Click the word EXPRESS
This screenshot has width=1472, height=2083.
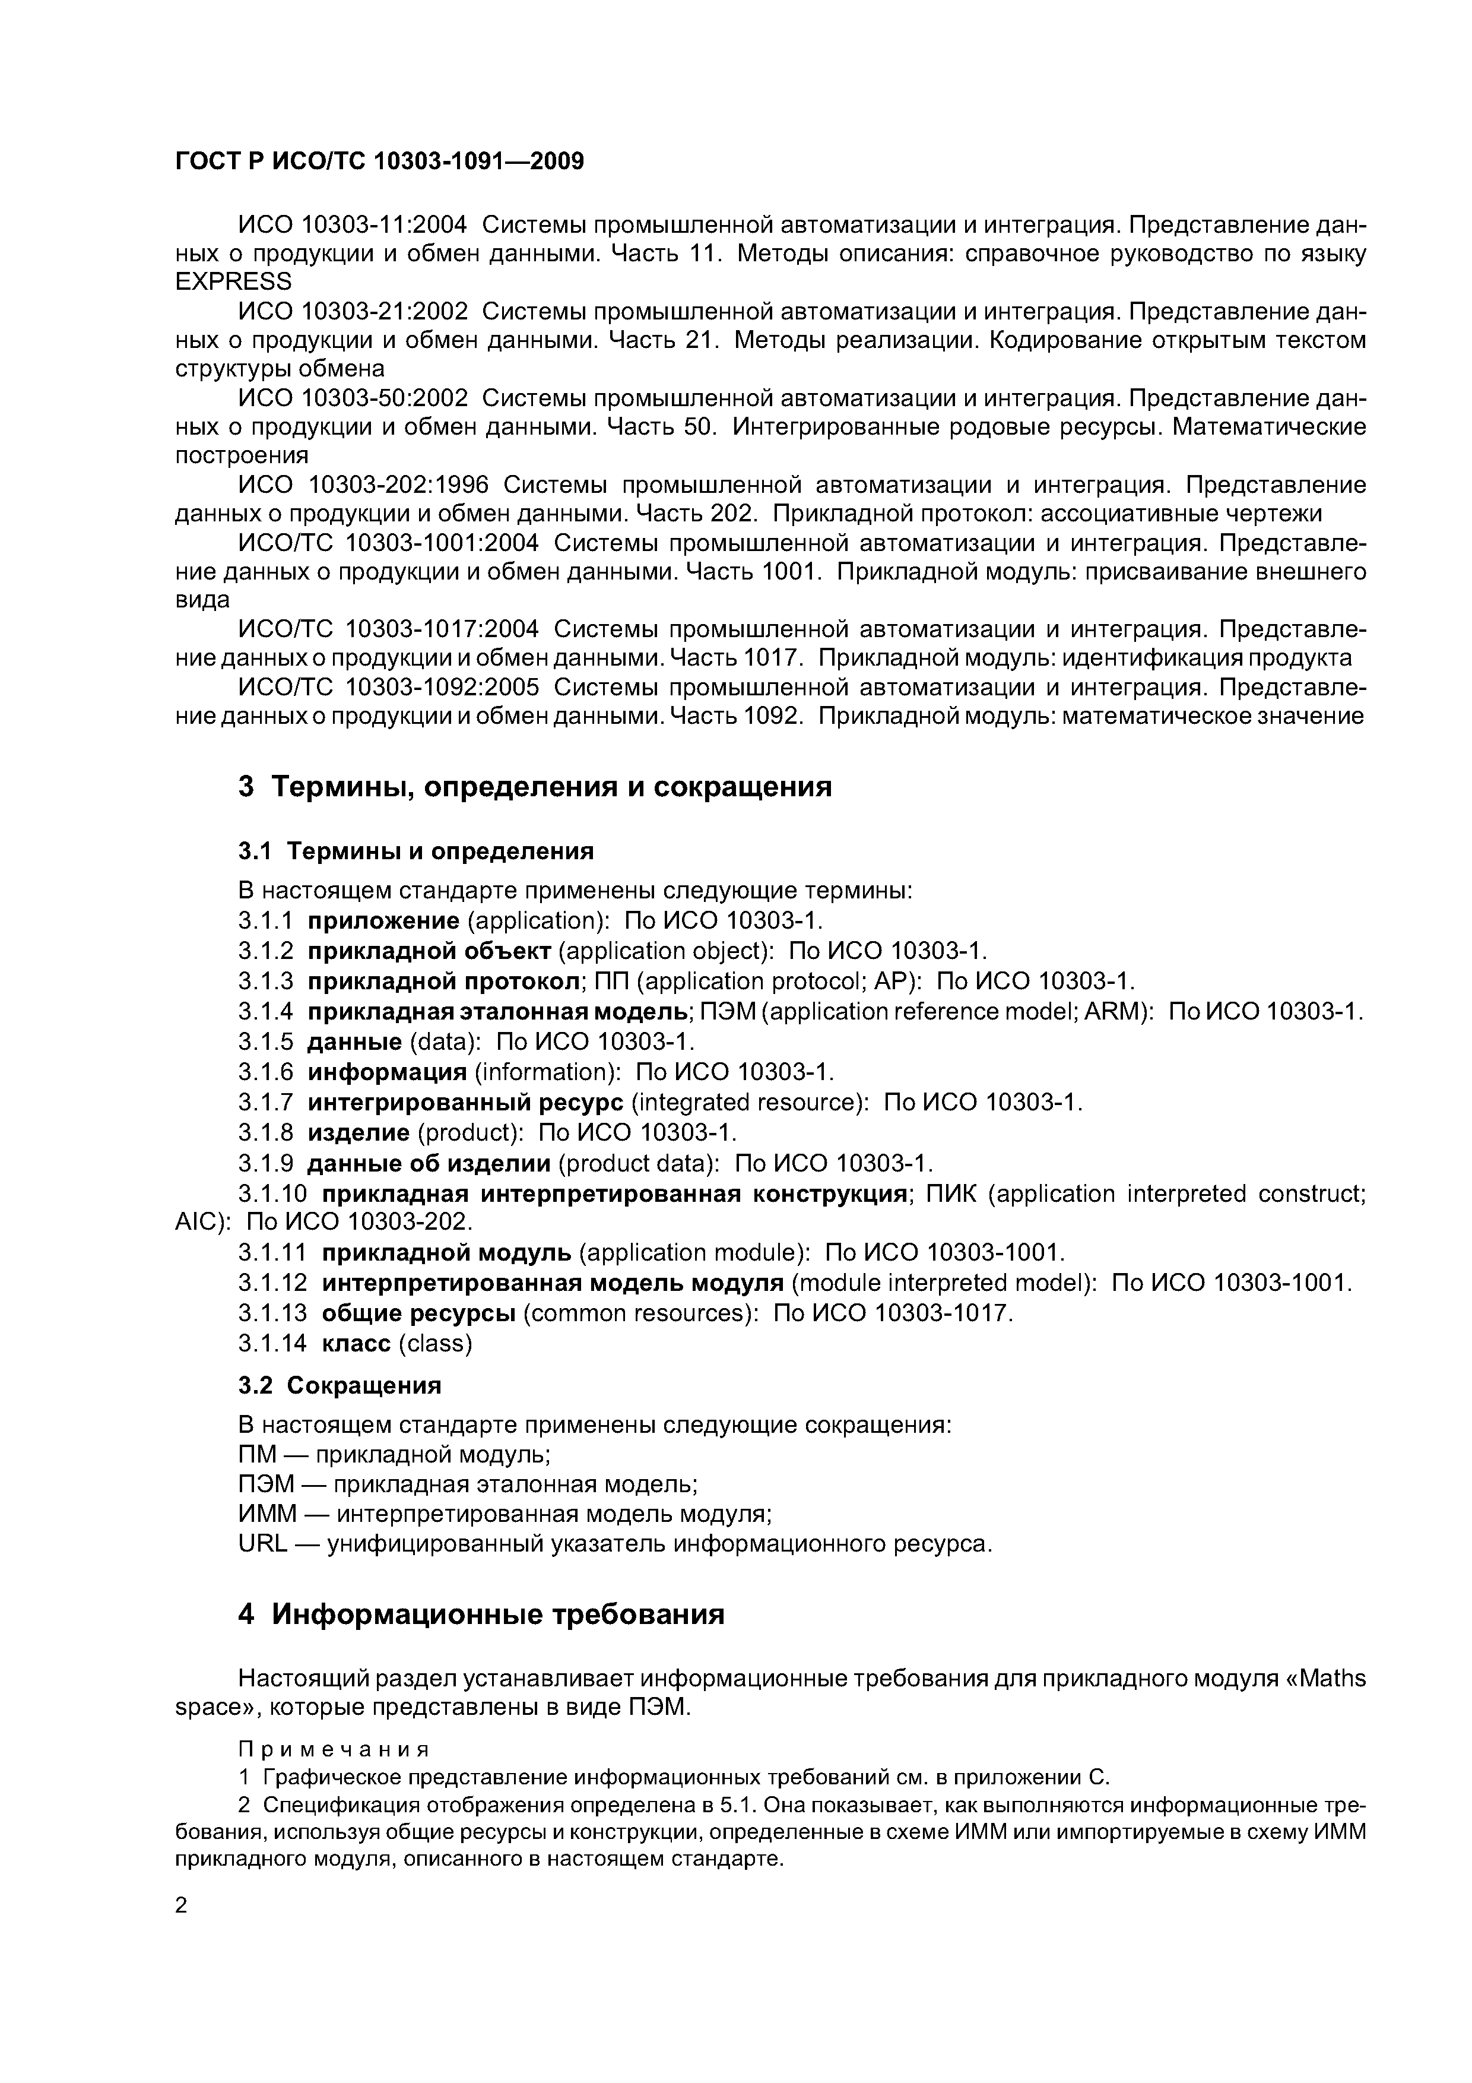tap(233, 282)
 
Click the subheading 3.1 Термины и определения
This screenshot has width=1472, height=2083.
tap(415, 851)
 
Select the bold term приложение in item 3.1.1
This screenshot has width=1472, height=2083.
tap(383, 922)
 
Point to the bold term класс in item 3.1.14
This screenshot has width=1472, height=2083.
tap(357, 1344)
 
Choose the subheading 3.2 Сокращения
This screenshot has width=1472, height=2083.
tap(339, 1385)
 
